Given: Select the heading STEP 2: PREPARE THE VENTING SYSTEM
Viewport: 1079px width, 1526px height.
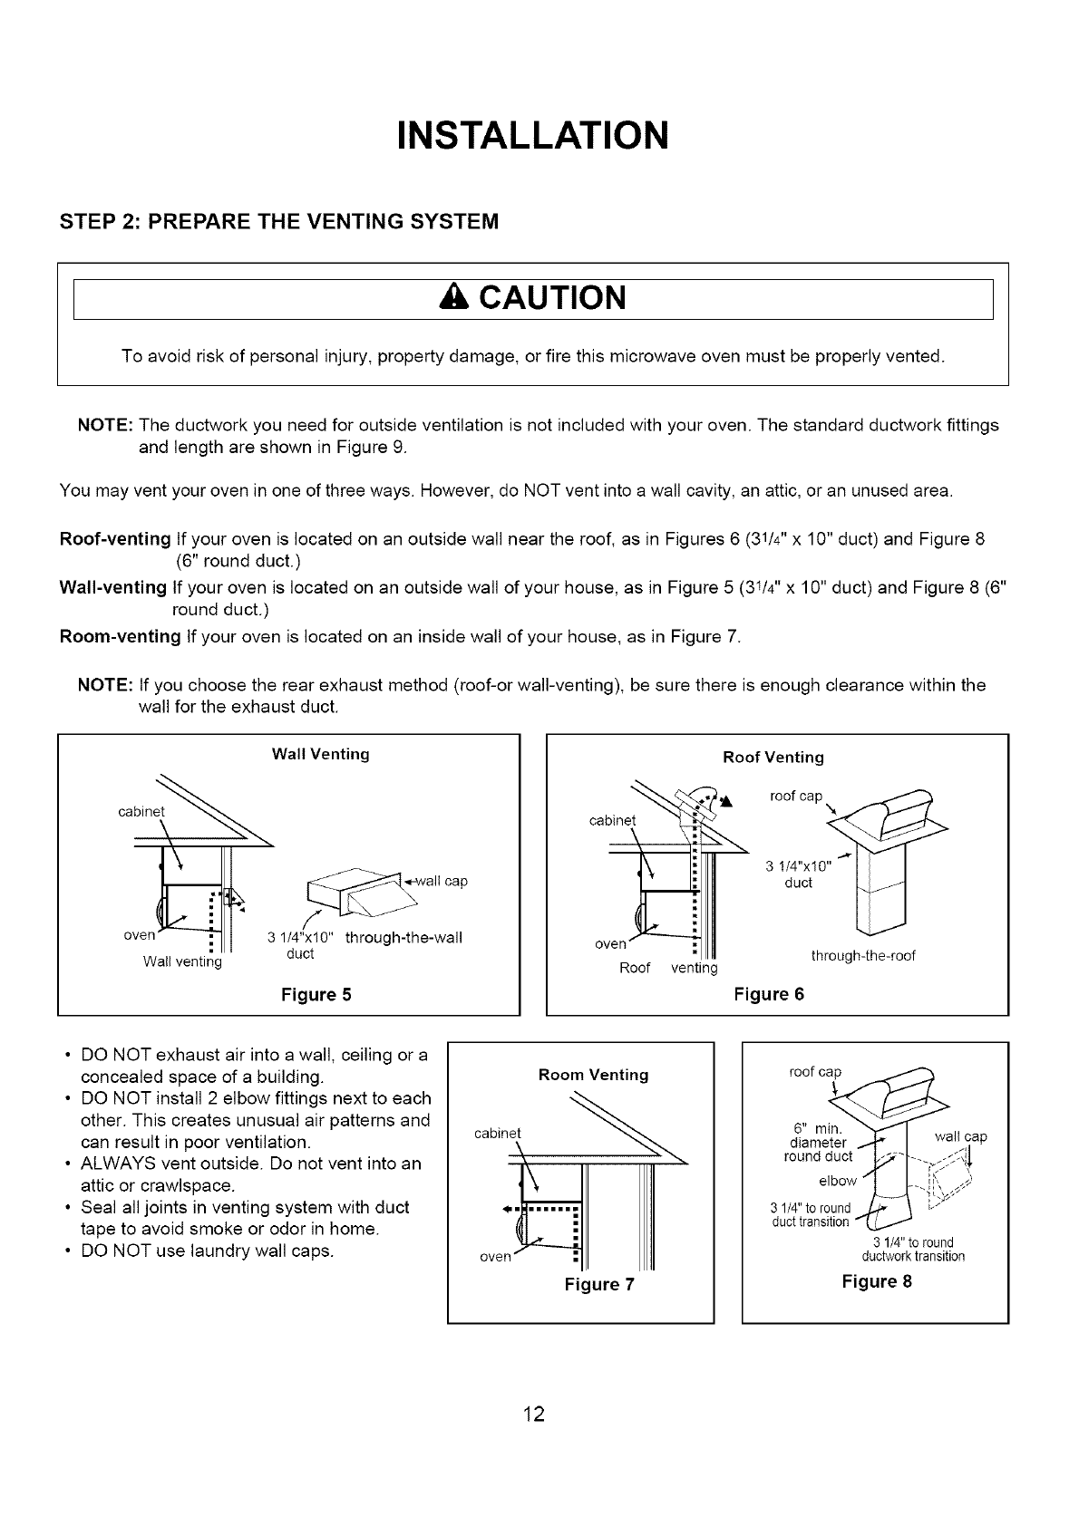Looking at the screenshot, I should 279,221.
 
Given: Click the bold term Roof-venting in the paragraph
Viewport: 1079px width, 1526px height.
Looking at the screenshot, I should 115,539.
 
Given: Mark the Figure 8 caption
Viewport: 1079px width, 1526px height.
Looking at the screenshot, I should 876,1281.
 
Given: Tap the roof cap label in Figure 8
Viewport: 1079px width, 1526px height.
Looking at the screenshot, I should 815,1072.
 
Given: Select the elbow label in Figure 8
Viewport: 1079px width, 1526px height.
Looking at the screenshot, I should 837,1181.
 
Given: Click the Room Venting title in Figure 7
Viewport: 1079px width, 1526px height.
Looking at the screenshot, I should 593,1075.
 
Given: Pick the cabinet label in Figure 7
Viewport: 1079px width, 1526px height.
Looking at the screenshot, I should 498,1133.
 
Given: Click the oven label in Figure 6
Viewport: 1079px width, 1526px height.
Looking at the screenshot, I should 610,943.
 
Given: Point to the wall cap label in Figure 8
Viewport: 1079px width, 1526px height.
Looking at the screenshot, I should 960,1136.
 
